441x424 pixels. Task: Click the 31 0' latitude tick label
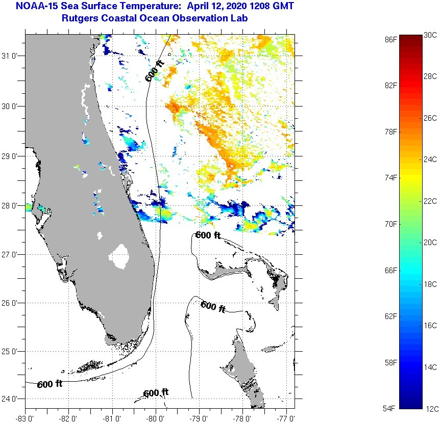(11, 56)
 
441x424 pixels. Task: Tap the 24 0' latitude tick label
(11, 399)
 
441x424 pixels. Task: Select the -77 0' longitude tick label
(286, 418)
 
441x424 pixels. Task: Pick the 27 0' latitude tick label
(11, 254)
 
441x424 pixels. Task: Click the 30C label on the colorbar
(430, 35)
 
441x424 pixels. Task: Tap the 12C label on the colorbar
(430, 408)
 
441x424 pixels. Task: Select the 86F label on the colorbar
(391, 39)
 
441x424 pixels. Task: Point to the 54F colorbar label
(391, 408)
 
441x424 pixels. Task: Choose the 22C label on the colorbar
(430, 201)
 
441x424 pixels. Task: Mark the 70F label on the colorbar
(391, 224)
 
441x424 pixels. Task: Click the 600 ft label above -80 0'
(156, 393)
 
